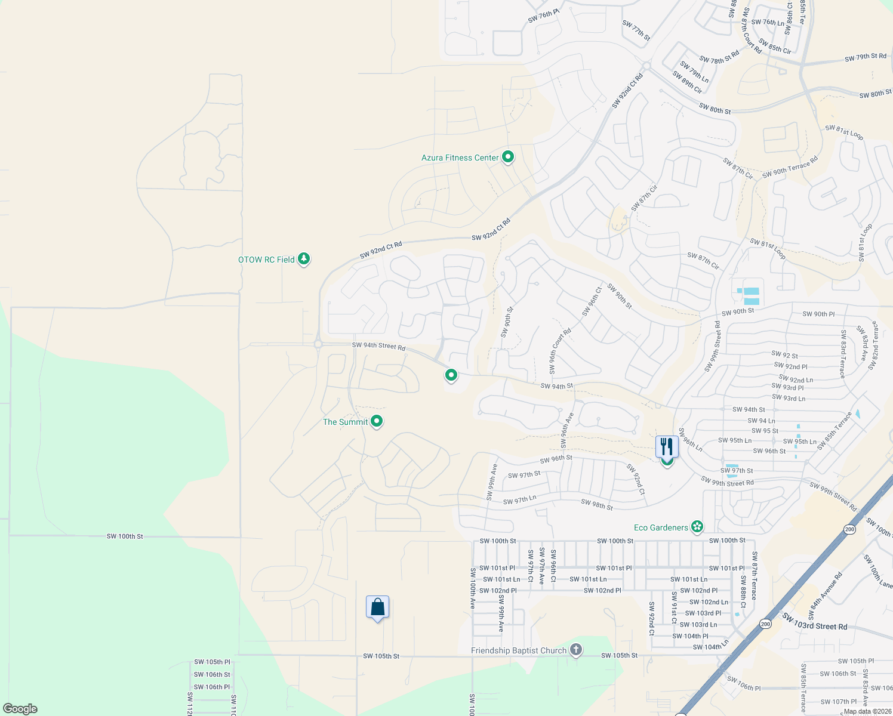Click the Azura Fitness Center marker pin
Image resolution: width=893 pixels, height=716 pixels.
(x=508, y=157)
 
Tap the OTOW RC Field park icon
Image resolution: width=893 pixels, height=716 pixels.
(x=304, y=259)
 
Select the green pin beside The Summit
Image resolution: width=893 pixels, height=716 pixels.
(x=377, y=421)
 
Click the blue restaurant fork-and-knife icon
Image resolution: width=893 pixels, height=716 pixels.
(x=667, y=446)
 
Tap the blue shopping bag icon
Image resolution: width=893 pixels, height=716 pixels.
(x=377, y=607)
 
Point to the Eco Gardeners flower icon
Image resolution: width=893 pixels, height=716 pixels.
(x=697, y=527)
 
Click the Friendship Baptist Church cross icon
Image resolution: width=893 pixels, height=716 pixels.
(x=575, y=650)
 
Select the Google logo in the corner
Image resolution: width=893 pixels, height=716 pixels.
(x=20, y=709)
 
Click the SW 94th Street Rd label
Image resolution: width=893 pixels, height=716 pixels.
(x=378, y=346)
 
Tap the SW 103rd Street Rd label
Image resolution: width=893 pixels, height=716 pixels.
(x=814, y=622)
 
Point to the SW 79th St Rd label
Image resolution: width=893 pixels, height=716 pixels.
(x=866, y=57)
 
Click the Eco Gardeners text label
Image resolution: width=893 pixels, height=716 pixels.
(x=661, y=527)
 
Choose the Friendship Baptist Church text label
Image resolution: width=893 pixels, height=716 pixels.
(x=518, y=650)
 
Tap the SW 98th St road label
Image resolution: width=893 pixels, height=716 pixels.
(x=597, y=505)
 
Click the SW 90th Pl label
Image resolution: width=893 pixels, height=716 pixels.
(x=818, y=314)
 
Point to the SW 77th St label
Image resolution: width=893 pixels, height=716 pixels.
(x=636, y=30)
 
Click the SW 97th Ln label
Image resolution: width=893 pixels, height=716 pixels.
(x=519, y=500)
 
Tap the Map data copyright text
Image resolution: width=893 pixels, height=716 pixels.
(x=866, y=711)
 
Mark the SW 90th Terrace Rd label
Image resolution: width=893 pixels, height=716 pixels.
(x=790, y=168)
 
